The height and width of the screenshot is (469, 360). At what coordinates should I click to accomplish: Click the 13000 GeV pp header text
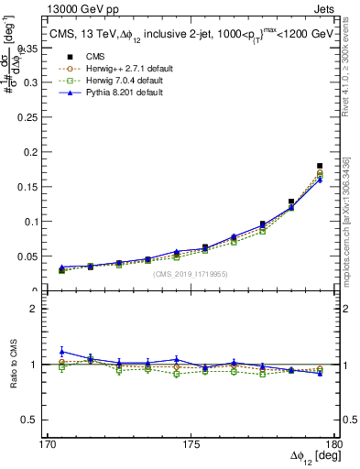[x=77, y=7]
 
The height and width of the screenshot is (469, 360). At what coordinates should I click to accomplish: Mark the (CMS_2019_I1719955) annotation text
[x=190, y=273]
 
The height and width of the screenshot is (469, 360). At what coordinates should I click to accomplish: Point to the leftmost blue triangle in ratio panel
[x=62, y=352]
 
